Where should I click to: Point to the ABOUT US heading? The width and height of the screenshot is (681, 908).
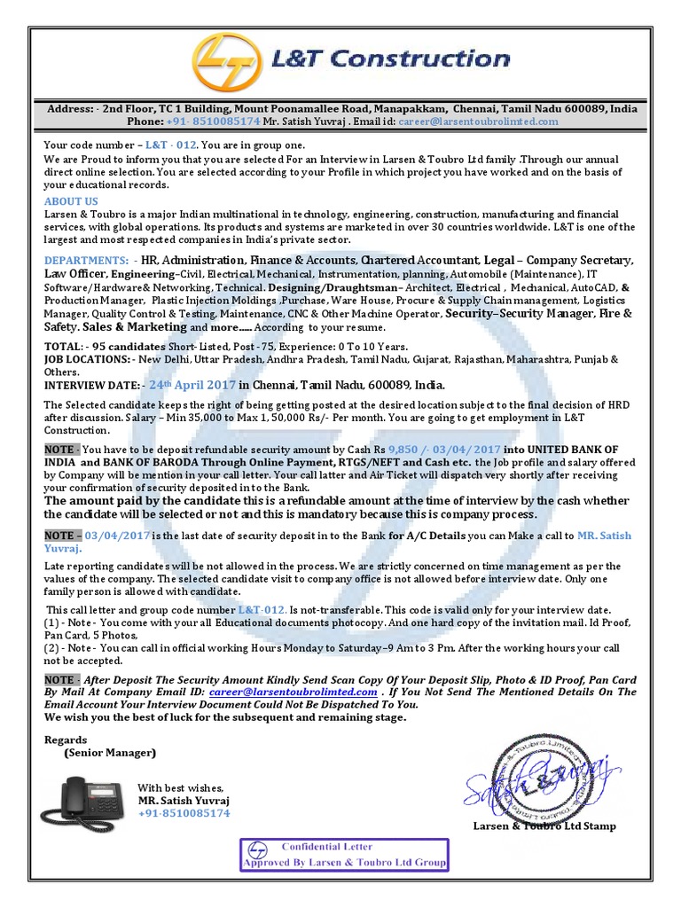(71, 201)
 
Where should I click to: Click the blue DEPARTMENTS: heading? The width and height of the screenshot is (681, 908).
(87, 261)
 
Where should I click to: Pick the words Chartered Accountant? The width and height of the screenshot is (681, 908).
(419, 261)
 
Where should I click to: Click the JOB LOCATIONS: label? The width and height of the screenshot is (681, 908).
(85, 359)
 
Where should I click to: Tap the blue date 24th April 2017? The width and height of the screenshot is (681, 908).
(192, 385)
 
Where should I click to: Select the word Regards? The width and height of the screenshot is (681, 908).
(66, 740)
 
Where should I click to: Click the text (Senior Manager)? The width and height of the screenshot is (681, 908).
(109, 753)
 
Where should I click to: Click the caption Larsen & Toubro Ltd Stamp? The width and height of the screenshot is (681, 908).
(544, 826)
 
